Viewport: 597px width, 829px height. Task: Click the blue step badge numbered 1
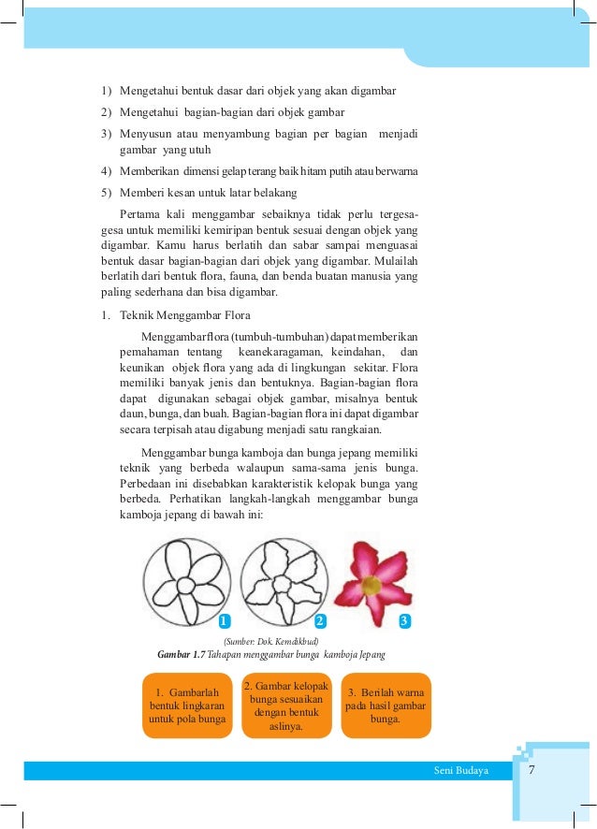225,621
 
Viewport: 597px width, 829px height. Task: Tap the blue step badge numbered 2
320,621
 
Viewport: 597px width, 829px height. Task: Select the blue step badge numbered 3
404,621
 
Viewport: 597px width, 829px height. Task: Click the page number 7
531,770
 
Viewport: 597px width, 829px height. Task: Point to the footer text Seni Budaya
456,770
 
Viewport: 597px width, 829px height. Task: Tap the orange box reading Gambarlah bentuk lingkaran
188,705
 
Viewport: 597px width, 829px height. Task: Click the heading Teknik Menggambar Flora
185,314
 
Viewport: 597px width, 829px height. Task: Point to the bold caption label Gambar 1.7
182,653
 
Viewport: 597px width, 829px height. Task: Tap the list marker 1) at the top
106,91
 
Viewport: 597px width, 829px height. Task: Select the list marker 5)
106,193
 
